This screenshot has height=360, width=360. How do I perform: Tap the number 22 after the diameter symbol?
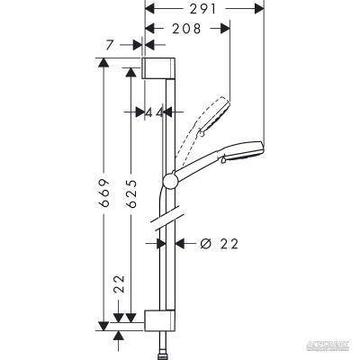click(x=232, y=242)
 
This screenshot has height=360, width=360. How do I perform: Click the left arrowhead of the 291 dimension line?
click(x=148, y=13)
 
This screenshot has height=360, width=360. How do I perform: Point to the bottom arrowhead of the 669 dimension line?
click(x=104, y=322)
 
